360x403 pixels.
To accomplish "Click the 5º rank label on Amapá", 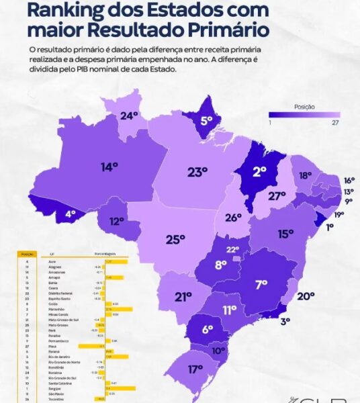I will coord(207,122).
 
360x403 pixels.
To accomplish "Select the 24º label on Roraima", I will coord(128,115).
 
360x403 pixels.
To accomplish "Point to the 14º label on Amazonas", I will coord(109,166).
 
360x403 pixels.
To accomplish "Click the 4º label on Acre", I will coord(71,215).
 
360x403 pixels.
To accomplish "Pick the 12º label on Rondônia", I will coord(117,221).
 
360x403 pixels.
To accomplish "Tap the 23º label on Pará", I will coord(197,172).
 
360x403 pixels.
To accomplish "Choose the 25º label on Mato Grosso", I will coord(175,239).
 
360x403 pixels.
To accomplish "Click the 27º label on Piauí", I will coord(277,196).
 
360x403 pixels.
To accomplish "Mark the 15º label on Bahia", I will coord(285,233).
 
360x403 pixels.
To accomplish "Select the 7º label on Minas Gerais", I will coord(261,285).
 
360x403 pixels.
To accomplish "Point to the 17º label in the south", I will coord(195,369).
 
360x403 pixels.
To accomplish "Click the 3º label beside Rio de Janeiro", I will coord(285,321).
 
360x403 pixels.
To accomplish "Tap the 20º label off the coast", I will coord(306,296).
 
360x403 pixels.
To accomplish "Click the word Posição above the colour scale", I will coord(304,106).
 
